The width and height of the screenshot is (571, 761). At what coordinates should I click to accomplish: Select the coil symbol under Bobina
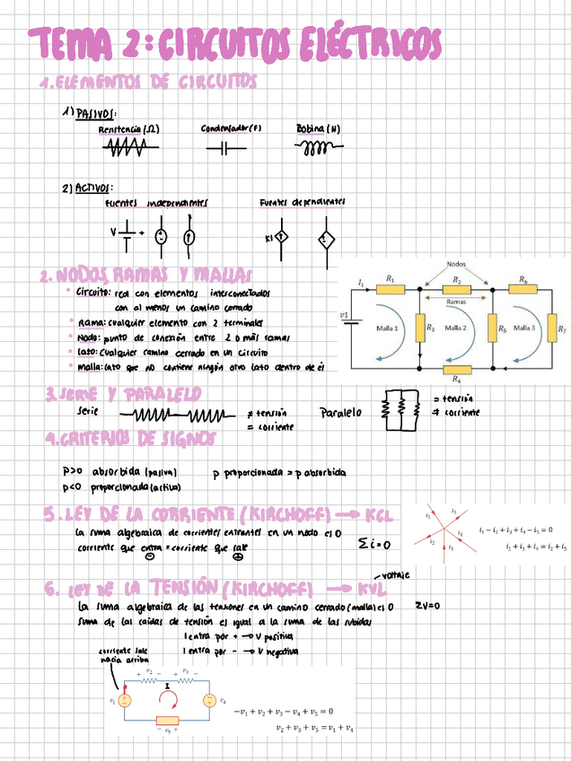tap(318, 149)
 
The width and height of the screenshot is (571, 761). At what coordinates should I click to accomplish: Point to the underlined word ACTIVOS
tap(93, 188)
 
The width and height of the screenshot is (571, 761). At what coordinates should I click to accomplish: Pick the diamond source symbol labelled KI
tap(279, 238)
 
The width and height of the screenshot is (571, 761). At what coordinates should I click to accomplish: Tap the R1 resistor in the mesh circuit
tap(391, 289)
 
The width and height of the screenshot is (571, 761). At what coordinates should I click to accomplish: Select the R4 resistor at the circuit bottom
tap(457, 369)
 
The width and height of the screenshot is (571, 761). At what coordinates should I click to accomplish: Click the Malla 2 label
tap(457, 328)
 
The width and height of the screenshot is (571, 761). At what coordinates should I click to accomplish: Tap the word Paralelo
tap(340, 413)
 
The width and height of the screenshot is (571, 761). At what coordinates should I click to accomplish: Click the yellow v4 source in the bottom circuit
tap(208, 700)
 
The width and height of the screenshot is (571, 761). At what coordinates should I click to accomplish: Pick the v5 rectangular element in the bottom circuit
tap(168, 721)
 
